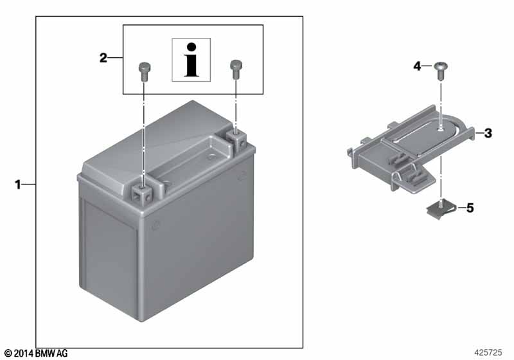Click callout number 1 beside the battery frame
pyautogui.click(x=18, y=184)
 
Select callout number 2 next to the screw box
pyautogui.click(x=103, y=58)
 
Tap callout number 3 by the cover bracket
pyautogui.click(x=488, y=133)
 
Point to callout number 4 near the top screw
pyautogui.click(x=417, y=66)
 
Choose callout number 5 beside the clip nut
pyautogui.click(x=470, y=208)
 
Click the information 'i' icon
pyautogui.click(x=191, y=60)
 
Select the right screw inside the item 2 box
pyautogui.click(x=236, y=69)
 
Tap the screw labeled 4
pyautogui.click(x=441, y=70)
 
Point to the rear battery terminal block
pyautogui.click(x=236, y=138)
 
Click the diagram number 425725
pyautogui.click(x=488, y=352)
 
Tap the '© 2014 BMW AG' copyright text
pyautogui.click(x=37, y=354)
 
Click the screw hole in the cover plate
pyautogui.click(x=441, y=129)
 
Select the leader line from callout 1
pyautogui.click(x=29, y=184)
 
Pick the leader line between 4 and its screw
pyautogui.click(x=427, y=66)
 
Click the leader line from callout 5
pyautogui.click(x=461, y=208)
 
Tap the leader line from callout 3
pyautogui.click(x=479, y=133)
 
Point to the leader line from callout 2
pyautogui.click(x=116, y=58)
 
